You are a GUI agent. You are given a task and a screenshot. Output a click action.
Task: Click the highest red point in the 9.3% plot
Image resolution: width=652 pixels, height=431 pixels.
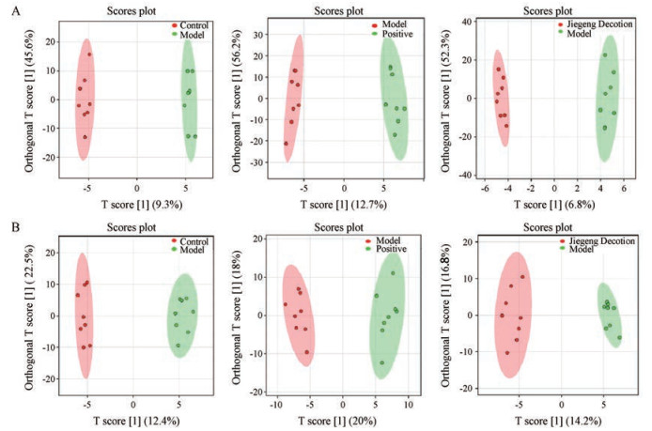point(90,54)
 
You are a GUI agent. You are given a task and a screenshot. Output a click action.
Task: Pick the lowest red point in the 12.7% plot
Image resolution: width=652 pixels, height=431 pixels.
point(286,143)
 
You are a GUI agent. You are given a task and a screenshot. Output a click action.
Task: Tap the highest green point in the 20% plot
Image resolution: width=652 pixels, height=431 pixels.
point(393,273)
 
